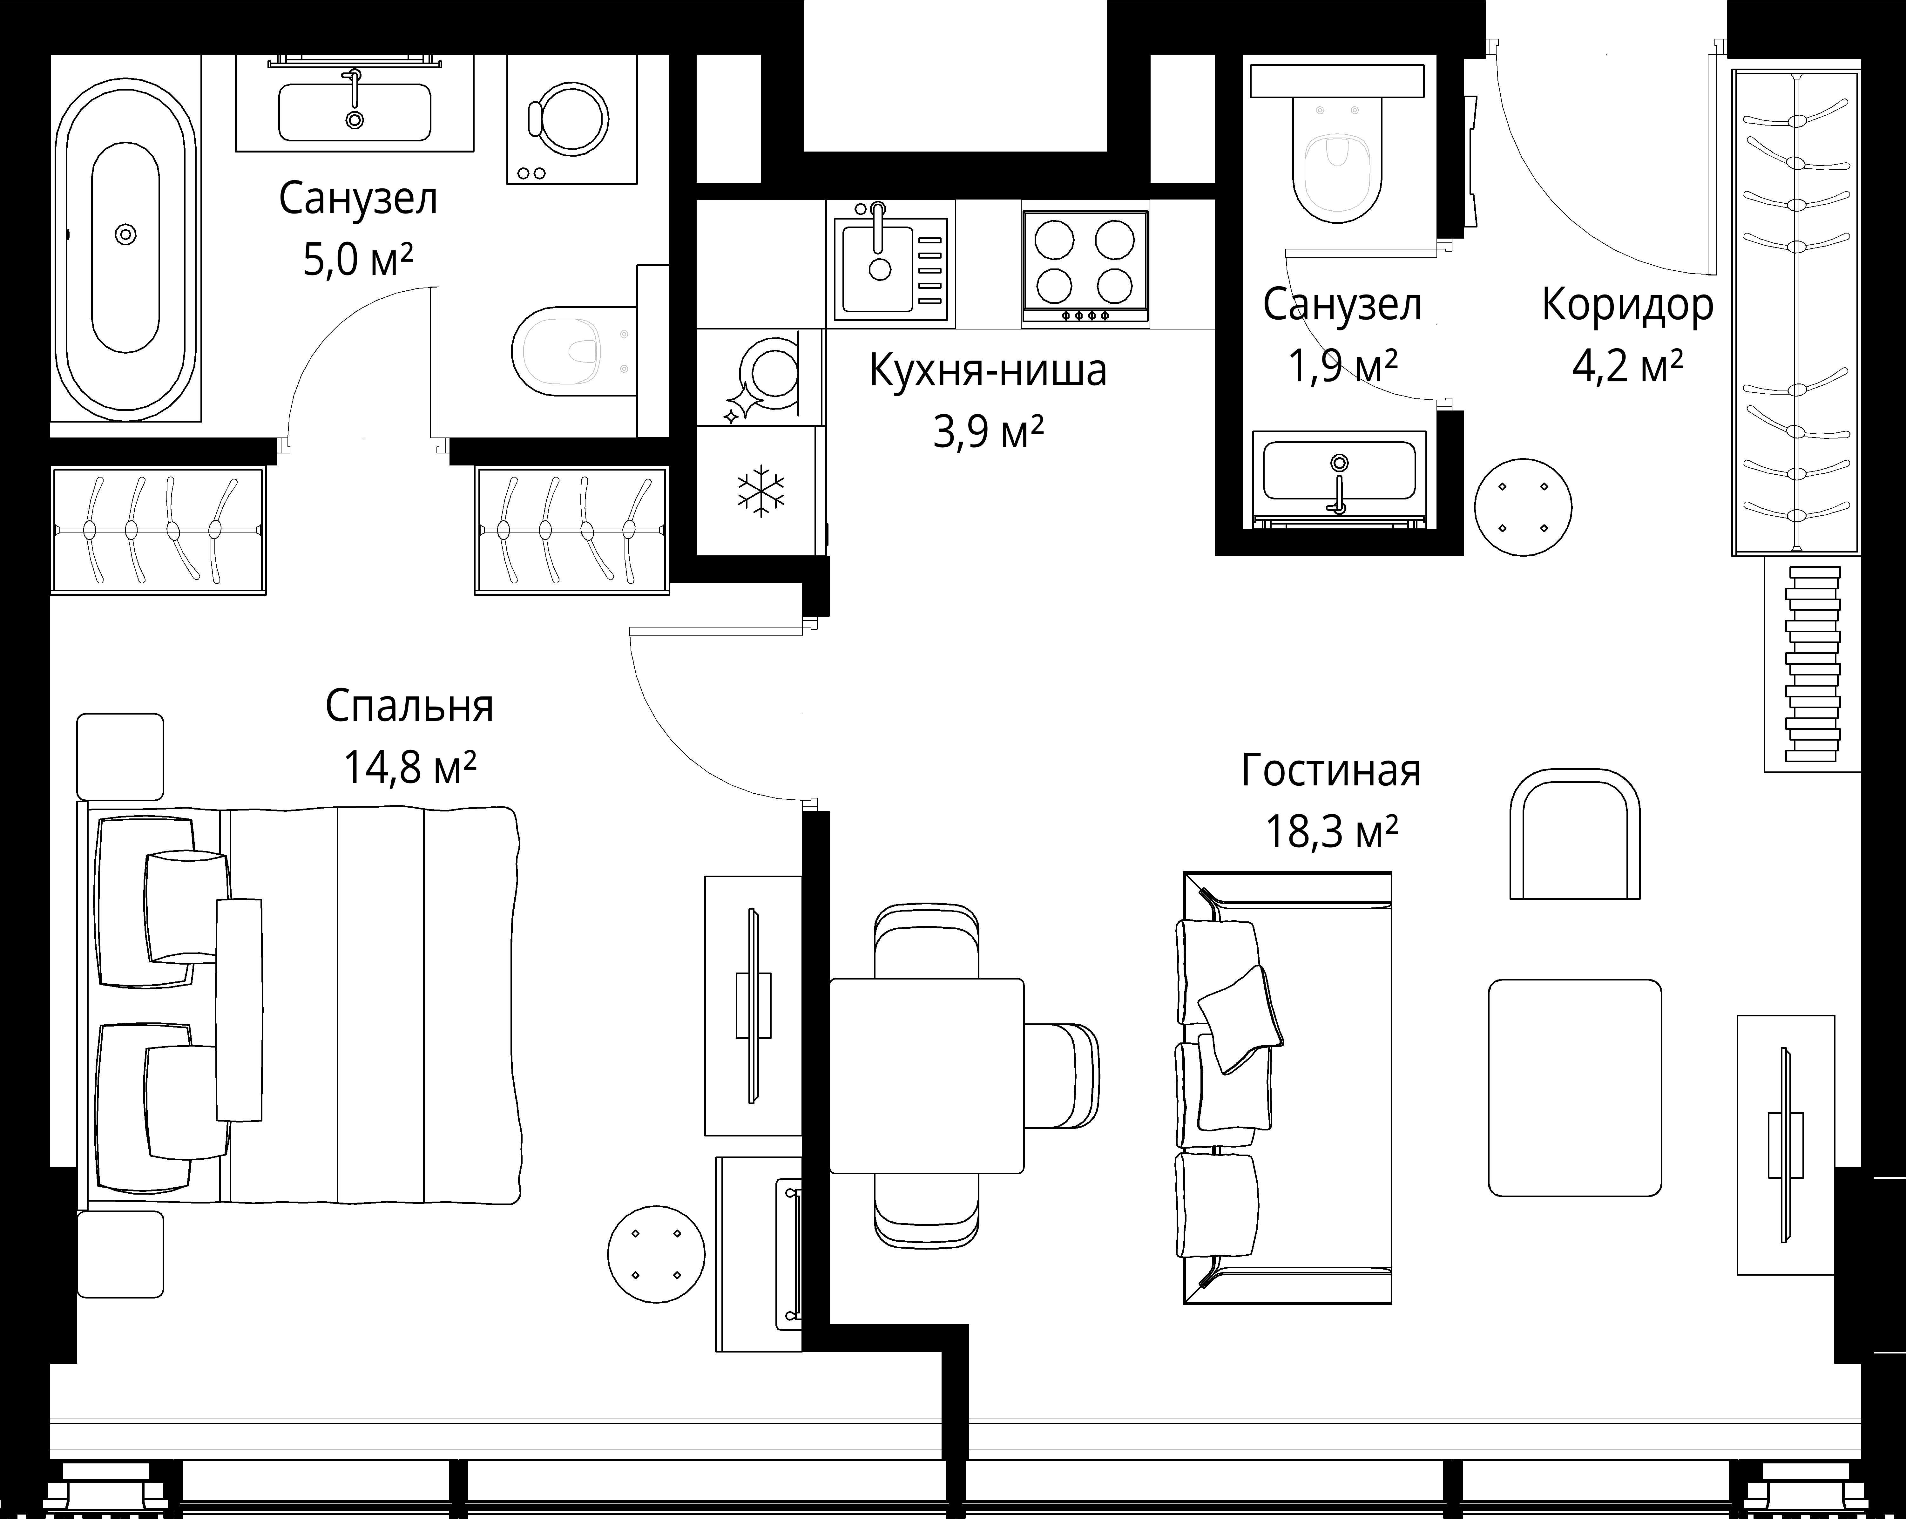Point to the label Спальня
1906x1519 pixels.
(x=409, y=706)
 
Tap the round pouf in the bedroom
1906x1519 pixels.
(x=656, y=1254)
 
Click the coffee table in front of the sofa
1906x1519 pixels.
(x=1574, y=1088)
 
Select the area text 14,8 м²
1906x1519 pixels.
(x=409, y=768)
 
